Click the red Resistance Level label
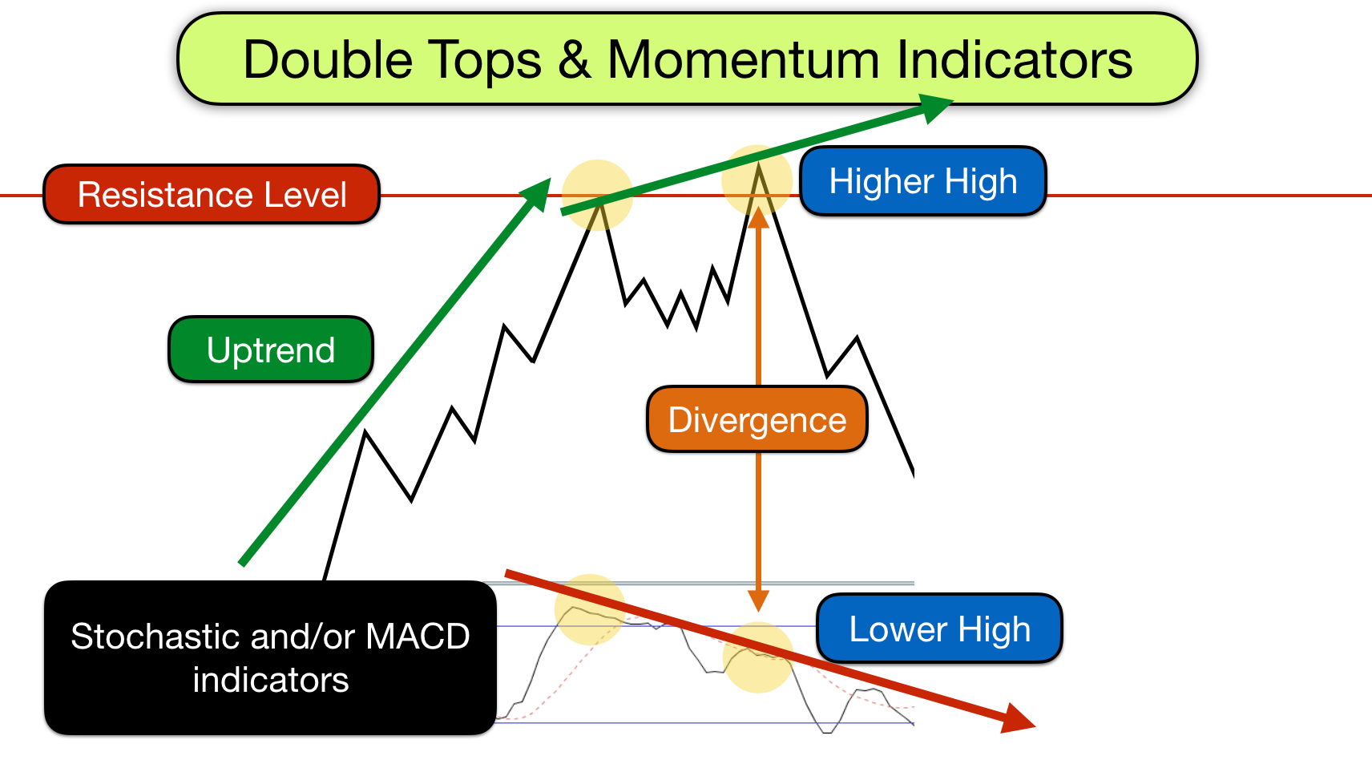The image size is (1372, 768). (x=212, y=195)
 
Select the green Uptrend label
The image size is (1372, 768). (x=271, y=350)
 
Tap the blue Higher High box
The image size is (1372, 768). (x=923, y=181)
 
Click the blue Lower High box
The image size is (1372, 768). (x=939, y=629)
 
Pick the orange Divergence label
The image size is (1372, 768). (x=757, y=420)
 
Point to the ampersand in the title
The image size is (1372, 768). (x=575, y=60)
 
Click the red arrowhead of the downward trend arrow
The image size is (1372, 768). (x=1016, y=718)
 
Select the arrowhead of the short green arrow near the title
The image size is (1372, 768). (x=933, y=107)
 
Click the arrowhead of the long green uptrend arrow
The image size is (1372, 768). (x=537, y=194)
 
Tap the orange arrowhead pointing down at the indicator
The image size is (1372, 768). (x=758, y=600)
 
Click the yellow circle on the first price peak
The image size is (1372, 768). (x=597, y=195)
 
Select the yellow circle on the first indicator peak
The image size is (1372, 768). (x=590, y=609)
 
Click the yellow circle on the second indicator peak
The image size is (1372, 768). (x=758, y=657)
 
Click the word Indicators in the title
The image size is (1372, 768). (x=1014, y=60)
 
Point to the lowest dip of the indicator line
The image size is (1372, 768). (x=825, y=731)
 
